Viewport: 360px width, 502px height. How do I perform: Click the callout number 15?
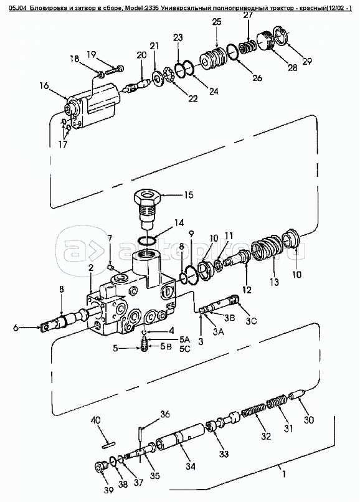pos(189,195)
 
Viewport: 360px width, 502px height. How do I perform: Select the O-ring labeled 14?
pos(147,240)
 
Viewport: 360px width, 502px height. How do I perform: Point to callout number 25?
pos(217,22)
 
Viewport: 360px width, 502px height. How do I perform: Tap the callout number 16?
pos(44,86)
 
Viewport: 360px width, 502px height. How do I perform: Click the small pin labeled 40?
pos(108,444)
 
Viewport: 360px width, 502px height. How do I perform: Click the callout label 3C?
pos(252,321)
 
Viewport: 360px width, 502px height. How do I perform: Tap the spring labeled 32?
pos(253,411)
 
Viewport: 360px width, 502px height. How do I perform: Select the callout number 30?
pos(309,419)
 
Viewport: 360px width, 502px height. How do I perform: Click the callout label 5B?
pos(166,347)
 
